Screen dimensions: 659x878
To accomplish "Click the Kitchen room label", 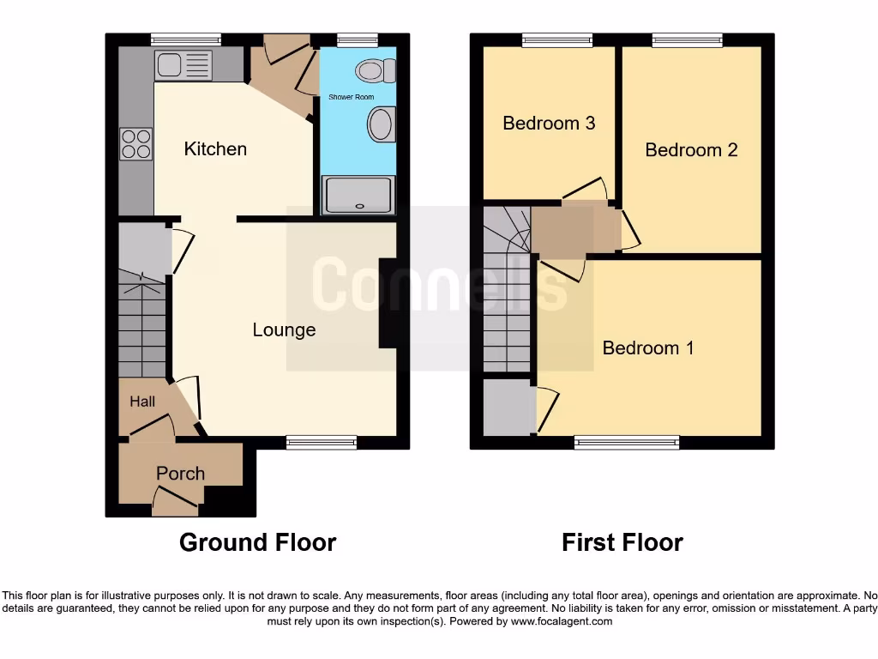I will click(x=215, y=149).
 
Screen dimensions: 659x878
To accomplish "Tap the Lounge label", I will click(x=284, y=329).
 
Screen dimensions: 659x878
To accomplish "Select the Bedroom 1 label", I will click(x=648, y=348).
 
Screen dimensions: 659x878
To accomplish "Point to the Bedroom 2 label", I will click(x=691, y=150).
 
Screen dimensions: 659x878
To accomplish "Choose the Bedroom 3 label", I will click(x=549, y=123).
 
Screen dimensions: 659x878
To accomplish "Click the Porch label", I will click(x=180, y=474).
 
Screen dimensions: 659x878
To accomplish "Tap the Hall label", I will click(x=142, y=401).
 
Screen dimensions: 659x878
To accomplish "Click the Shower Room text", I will click(x=352, y=97).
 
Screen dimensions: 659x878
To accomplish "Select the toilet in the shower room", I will click(x=375, y=70).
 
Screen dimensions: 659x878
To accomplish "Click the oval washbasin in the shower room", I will click(x=380, y=124).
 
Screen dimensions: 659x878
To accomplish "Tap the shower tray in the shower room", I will click(x=358, y=195).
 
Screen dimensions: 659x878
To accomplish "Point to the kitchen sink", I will click(x=183, y=66).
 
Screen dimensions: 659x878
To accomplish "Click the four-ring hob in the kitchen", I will click(x=135, y=143).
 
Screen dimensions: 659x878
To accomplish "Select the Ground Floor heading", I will click(x=257, y=542).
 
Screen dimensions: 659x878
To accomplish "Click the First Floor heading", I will click(x=622, y=542).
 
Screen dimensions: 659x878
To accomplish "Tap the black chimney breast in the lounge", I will click(x=388, y=303).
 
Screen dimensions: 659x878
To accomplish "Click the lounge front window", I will click(x=322, y=443).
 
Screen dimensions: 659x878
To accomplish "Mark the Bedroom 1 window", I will click(x=627, y=443).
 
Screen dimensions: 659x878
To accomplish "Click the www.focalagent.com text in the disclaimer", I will click(x=561, y=621).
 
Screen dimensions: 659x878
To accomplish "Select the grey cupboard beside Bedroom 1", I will click(x=508, y=408).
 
